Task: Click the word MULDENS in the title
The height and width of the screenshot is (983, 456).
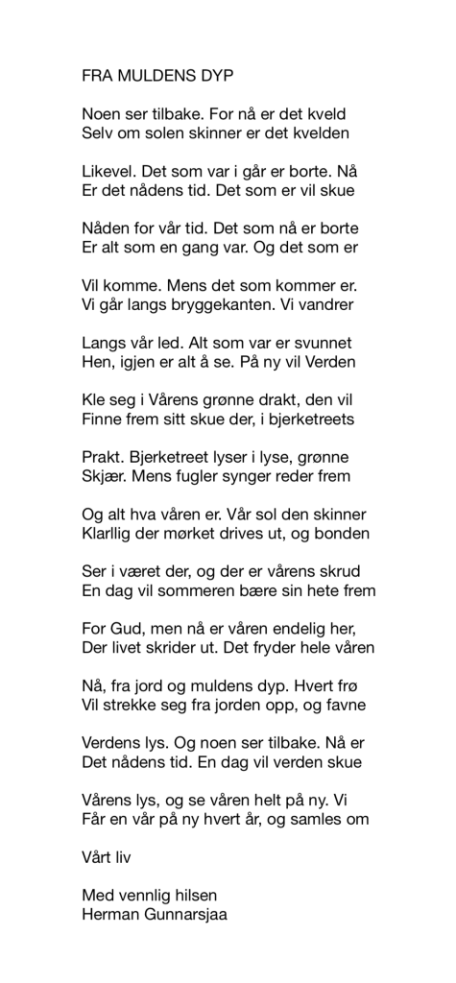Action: tap(158, 74)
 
